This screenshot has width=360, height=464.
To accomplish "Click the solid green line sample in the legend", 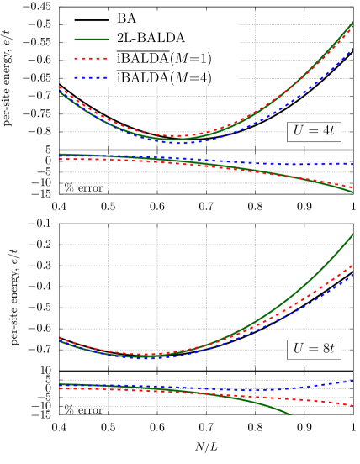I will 91,40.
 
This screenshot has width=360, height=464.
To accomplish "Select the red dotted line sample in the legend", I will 91,59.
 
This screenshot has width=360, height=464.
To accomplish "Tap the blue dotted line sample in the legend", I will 91,78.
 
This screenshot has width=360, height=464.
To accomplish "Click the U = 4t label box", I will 314,131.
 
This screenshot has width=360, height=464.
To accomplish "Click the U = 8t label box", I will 314,349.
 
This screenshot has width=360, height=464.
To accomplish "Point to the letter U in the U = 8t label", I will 299,349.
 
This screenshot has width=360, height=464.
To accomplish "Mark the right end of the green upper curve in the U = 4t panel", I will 352,23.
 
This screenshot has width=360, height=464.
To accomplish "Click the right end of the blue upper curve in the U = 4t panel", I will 352,49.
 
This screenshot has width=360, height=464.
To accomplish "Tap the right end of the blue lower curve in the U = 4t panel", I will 352,164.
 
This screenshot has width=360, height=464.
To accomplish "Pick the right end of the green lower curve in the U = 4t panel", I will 352,192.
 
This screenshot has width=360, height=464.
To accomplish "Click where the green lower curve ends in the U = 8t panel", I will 291,414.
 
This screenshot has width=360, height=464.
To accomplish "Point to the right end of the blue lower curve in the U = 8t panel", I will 352,381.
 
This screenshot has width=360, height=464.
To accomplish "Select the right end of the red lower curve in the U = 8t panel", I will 352,406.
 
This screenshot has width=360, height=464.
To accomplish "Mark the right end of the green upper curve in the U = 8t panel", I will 352,234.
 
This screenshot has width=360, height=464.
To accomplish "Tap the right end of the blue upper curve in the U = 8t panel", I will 352,275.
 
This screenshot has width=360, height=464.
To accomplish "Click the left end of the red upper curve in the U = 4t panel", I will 60,87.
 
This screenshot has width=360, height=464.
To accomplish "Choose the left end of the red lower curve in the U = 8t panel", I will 60,388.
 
